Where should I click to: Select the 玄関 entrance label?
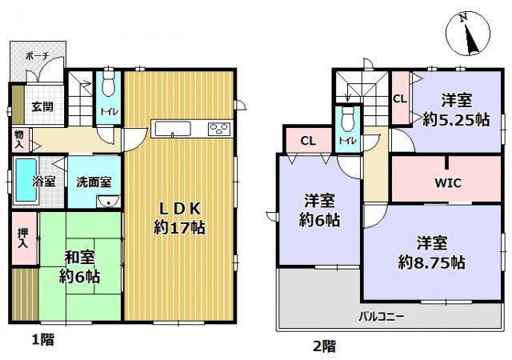[42, 106]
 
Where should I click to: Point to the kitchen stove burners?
[218, 130]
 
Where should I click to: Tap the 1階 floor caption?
[43, 340]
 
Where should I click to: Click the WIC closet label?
[448, 182]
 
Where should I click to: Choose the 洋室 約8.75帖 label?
[432, 251]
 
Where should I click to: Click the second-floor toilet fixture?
[347, 122]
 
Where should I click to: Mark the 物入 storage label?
[19, 139]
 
